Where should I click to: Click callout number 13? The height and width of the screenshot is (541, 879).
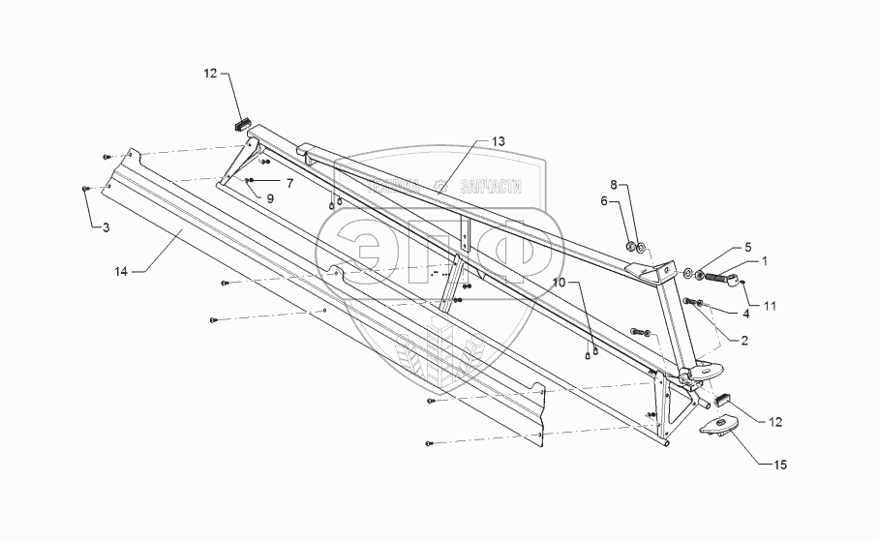[x=498, y=141]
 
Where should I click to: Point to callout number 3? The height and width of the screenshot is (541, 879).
[x=106, y=226]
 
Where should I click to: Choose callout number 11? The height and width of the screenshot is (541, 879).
[x=770, y=307]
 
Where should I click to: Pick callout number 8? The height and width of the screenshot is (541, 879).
[x=613, y=183]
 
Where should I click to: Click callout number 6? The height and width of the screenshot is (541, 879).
[x=604, y=201]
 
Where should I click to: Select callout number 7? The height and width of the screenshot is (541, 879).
[x=288, y=182]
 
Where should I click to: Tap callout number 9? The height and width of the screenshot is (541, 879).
[x=270, y=197]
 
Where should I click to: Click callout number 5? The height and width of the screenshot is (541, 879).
[x=747, y=247]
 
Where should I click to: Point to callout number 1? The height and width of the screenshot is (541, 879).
[x=765, y=261]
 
